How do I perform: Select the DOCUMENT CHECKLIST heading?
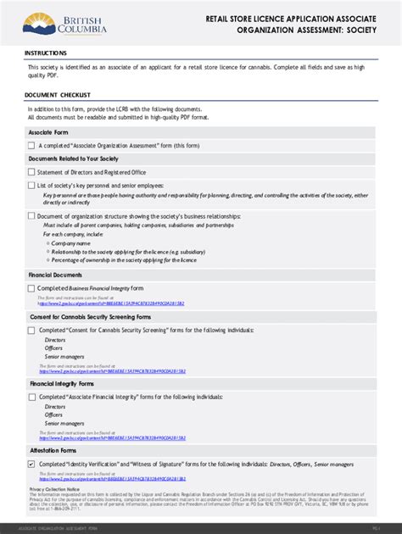pos(57,95)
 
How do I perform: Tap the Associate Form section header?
pos(47,133)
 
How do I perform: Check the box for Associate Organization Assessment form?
pos(31,146)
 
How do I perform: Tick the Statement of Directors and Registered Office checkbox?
pos(31,172)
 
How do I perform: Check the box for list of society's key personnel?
pos(31,185)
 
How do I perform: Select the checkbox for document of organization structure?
pos(31,216)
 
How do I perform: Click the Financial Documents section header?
pos(55,275)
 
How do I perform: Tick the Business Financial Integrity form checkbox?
pos(31,288)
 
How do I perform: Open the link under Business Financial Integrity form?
pos(111,303)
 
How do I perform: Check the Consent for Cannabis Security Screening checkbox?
pos(31,330)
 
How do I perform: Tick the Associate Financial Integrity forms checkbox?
pos(31,397)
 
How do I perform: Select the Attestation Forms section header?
pos(52,451)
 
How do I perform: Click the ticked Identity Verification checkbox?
pos(31,464)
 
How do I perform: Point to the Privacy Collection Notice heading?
pos(54,489)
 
